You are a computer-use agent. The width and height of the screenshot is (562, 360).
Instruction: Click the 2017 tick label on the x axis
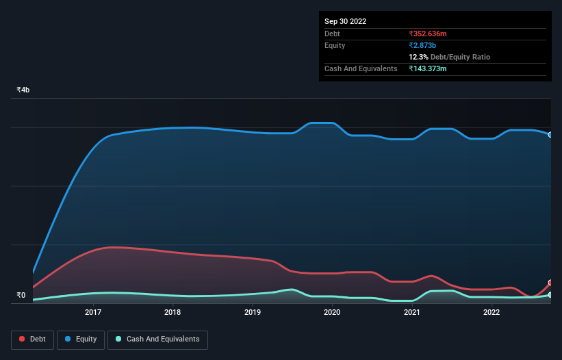pyautogui.click(x=93, y=313)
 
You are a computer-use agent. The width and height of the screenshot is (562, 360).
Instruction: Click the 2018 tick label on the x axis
pyautogui.click(x=173, y=313)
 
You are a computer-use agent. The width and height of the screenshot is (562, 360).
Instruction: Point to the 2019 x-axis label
pyautogui.click(x=253, y=313)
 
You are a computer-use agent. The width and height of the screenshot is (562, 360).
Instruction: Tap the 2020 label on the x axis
pyautogui.click(x=332, y=313)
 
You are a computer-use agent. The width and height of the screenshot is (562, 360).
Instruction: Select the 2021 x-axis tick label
pyautogui.click(x=412, y=313)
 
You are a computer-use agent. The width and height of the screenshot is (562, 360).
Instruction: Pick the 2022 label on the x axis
pyautogui.click(x=491, y=313)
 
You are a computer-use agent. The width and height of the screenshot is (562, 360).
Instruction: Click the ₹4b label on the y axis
pyautogui.click(x=23, y=90)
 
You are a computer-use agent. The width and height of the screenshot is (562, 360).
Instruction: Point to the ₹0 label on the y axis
pyautogui.click(x=21, y=296)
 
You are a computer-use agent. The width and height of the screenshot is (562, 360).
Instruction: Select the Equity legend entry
pyautogui.click(x=81, y=339)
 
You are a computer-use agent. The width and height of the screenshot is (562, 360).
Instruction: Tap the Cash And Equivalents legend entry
pyautogui.click(x=157, y=339)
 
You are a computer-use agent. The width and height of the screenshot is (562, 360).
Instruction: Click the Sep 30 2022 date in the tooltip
pyautogui.click(x=345, y=21)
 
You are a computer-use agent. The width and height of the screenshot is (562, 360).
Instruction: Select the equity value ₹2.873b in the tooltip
pyautogui.click(x=422, y=45)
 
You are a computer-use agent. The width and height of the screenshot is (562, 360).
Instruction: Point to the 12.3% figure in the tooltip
pyautogui.click(x=418, y=57)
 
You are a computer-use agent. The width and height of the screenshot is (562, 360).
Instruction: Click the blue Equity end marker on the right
pyautogui.click(x=550, y=135)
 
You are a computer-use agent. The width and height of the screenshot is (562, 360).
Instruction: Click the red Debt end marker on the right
pyautogui.click(x=550, y=283)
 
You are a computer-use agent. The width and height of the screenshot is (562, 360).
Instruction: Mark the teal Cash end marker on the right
pyautogui.click(x=550, y=295)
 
